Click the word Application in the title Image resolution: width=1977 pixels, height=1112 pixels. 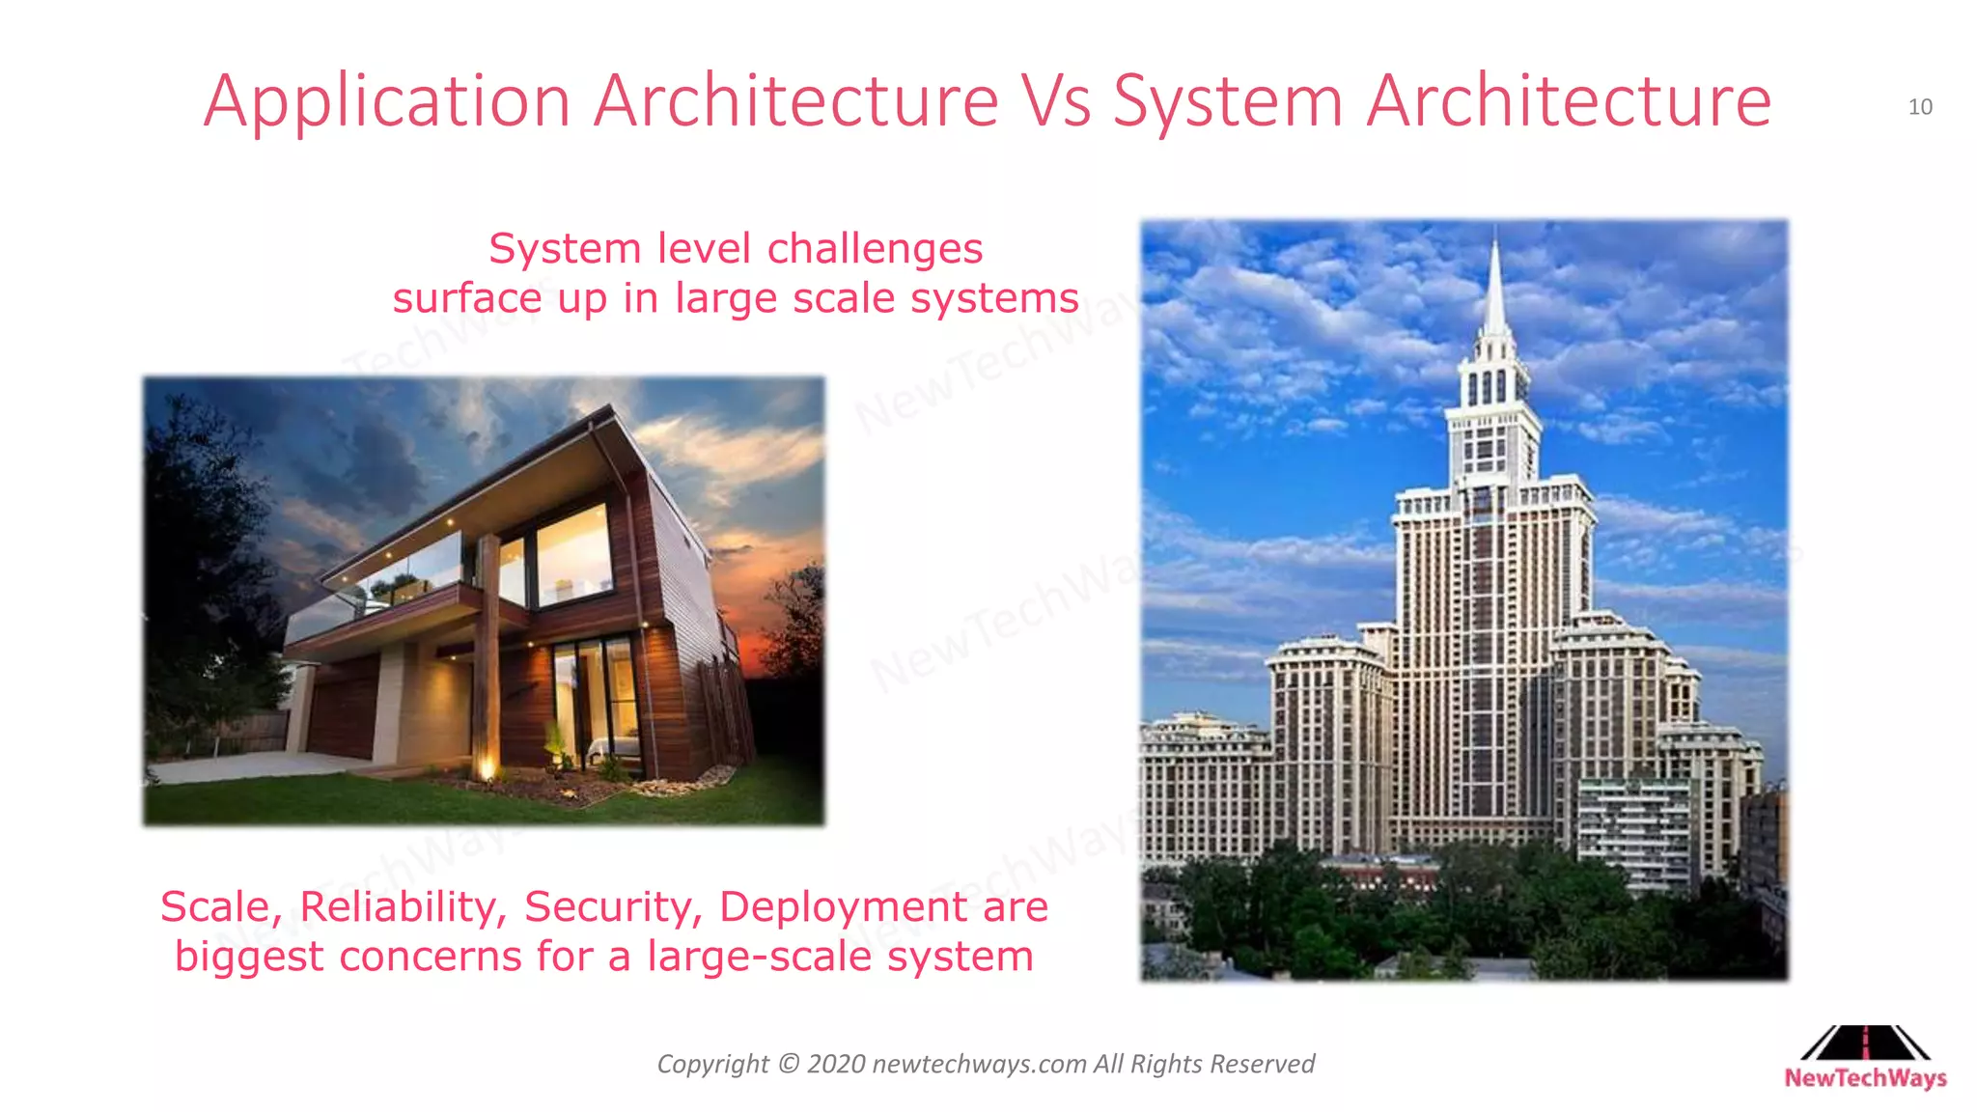387,102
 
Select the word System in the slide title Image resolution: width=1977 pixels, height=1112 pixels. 1227,102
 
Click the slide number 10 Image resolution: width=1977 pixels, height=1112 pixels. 1920,107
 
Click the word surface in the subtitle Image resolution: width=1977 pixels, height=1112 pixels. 467,298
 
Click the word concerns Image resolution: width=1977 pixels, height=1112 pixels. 430,957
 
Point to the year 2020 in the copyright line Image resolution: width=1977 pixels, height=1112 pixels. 835,1064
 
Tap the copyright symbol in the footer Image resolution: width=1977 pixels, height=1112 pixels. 788,1064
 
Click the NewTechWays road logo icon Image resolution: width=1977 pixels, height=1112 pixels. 1865,1043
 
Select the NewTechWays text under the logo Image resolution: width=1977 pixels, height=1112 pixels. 1865,1078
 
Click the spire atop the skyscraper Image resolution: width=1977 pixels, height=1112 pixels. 1494,290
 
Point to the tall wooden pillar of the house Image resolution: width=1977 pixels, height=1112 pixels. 487,637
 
